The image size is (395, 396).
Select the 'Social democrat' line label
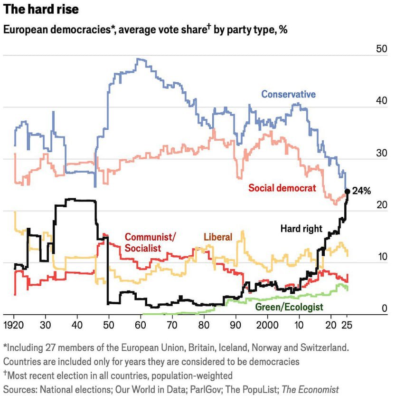pos(282,188)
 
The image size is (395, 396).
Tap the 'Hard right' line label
pos(301,229)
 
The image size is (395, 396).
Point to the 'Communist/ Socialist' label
pos(150,242)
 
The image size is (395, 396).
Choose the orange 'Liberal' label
pos(218,237)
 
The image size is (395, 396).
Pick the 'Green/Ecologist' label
pos(289,307)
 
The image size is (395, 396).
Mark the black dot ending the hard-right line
pos(348,192)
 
